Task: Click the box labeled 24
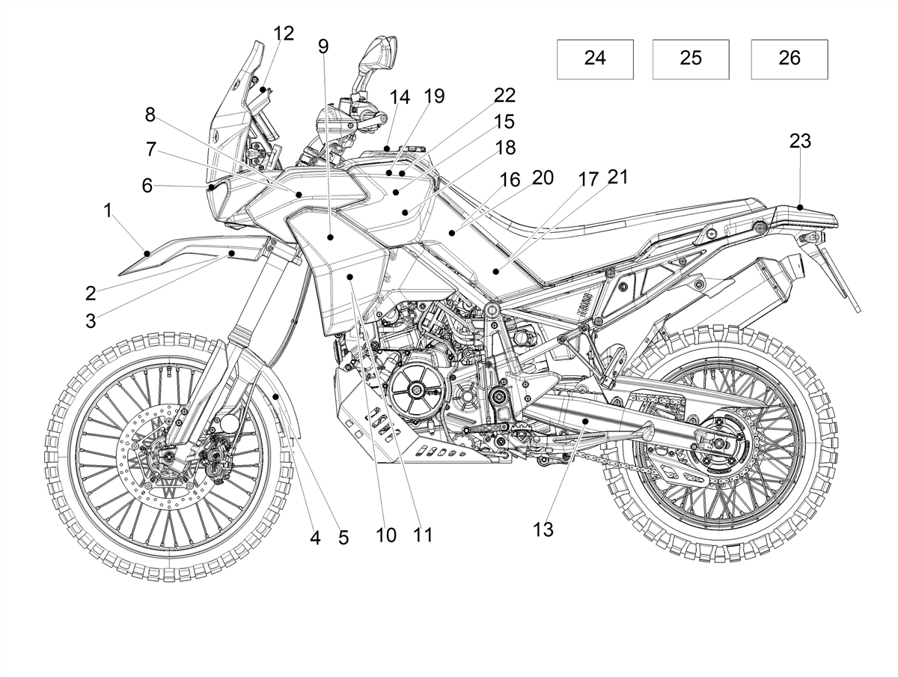point(595,59)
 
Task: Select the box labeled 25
point(691,59)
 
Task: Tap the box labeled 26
point(789,59)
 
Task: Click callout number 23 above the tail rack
point(800,142)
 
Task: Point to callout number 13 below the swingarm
point(543,529)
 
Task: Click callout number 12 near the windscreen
point(284,33)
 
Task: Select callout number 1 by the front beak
point(108,210)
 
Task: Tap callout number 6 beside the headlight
point(147,186)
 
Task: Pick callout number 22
point(504,95)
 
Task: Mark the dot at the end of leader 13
point(585,421)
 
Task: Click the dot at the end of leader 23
point(800,207)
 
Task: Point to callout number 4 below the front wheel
point(314,538)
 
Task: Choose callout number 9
point(323,46)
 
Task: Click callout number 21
point(617,177)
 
